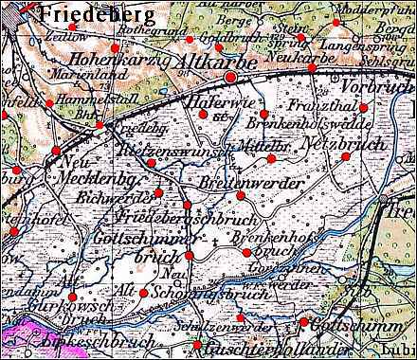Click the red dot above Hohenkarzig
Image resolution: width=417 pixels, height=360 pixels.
(x=115, y=47)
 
